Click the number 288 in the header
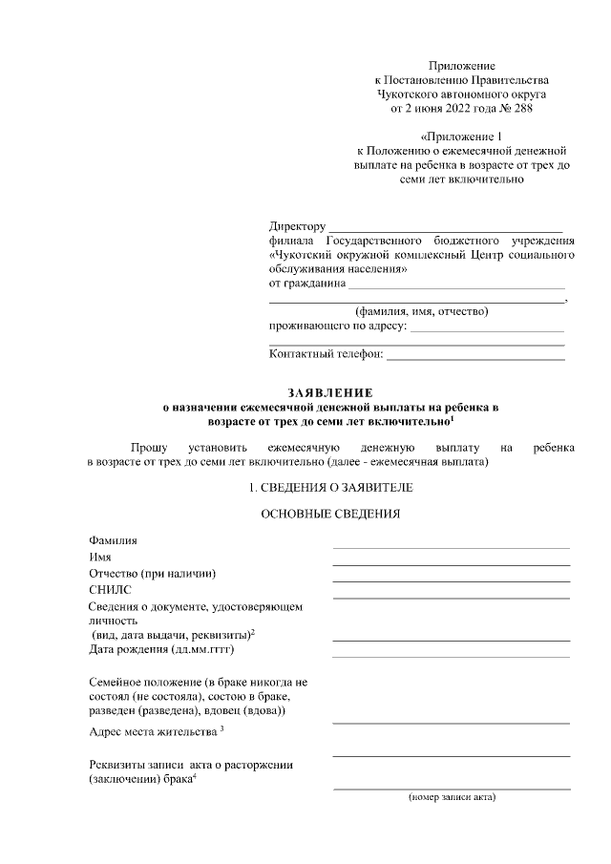tap(519, 108)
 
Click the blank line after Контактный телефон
tap(474, 358)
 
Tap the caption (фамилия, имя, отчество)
tap(421, 311)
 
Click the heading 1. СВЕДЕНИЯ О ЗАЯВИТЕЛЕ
tap(331, 488)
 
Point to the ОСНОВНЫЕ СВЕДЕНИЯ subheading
tap(331, 515)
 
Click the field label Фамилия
tap(113, 540)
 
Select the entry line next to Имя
tap(451, 564)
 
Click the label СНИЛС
tap(109, 590)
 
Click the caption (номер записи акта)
tap(452, 796)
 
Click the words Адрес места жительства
tap(152, 731)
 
